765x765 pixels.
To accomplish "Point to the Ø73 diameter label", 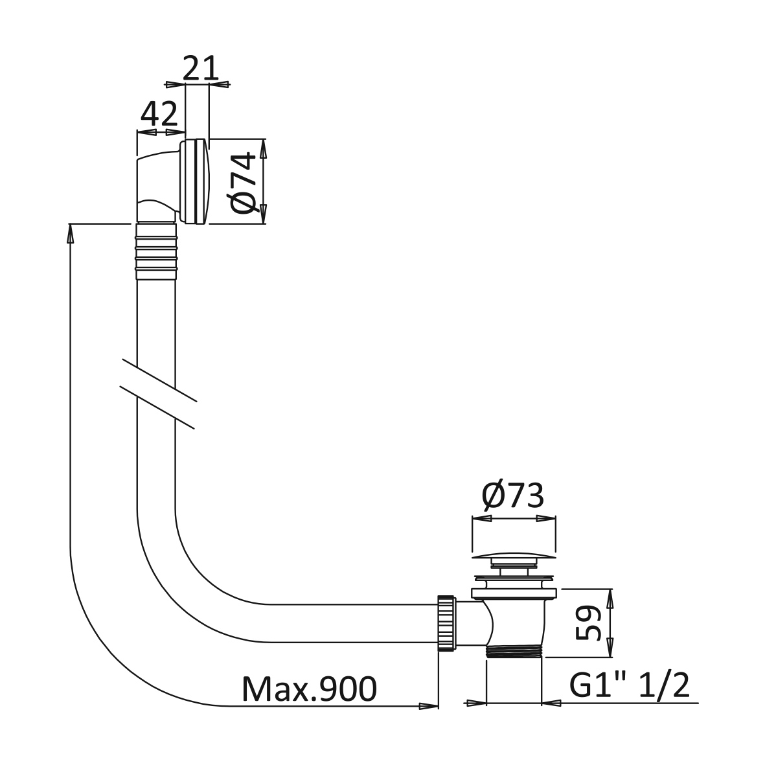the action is pos(512,496).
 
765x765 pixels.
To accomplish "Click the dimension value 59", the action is pos(587,622).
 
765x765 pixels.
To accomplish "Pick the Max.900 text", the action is pos(310,689).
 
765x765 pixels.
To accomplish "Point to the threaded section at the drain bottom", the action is pos(514,652).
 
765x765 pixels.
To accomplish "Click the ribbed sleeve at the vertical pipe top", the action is pos(155,251).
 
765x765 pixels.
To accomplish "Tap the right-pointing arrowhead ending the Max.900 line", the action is pos(428,705).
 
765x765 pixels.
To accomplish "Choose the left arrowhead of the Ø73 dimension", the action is pos(481,519).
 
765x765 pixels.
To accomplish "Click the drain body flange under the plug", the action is pos(514,593).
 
